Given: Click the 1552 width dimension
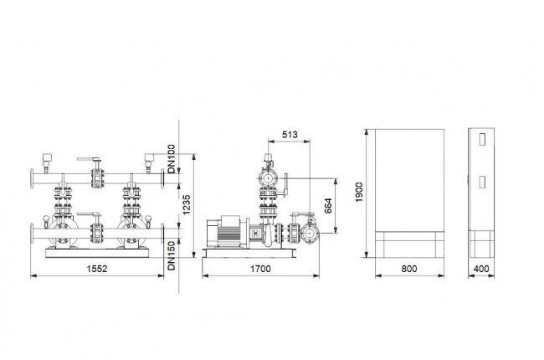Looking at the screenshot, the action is point(97,269).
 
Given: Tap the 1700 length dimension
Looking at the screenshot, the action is point(260,269).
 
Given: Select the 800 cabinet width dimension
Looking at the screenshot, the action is point(409,269).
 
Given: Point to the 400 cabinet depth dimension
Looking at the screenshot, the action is point(481,269).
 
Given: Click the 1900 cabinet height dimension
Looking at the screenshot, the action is point(359,192).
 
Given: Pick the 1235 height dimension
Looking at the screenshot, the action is point(187,204).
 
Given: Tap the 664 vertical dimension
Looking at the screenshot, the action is point(328,205).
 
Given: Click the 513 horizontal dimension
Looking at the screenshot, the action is point(290,134).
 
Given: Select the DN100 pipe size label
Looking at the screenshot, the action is point(172,158).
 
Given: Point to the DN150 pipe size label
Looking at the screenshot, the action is point(172,255).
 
